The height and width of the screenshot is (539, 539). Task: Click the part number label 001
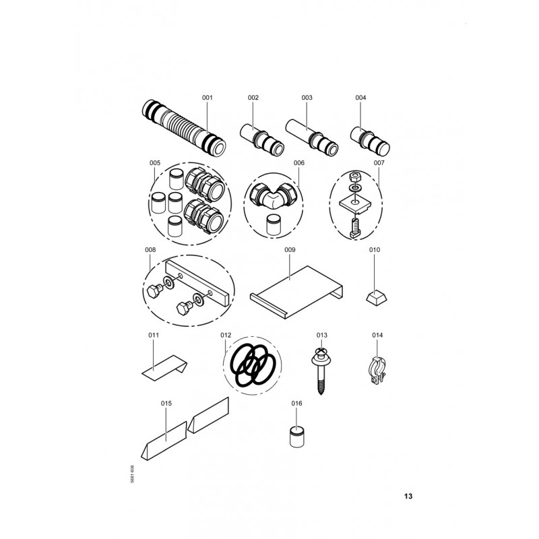click(208, 98)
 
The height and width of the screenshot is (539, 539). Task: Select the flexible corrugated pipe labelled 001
click(183, 128)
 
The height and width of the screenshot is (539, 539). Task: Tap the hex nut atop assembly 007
click(354, 177)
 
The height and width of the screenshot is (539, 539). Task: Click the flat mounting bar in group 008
click(197, 283)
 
